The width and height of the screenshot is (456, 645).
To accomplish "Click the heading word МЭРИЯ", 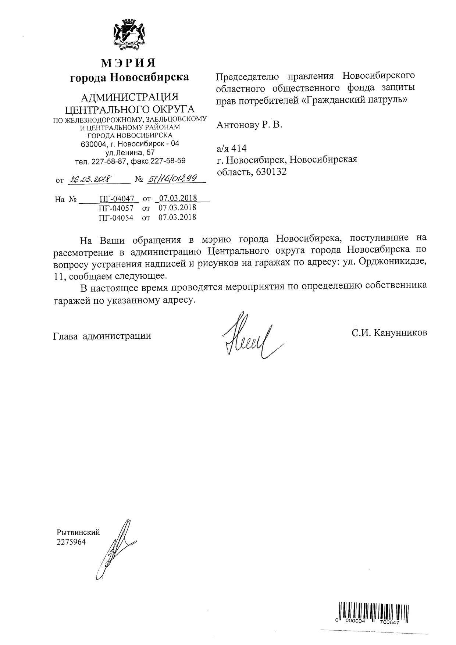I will coord(128,63).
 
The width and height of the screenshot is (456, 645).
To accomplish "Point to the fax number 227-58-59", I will coord(168,161).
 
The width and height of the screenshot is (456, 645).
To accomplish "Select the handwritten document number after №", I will coord(171,179).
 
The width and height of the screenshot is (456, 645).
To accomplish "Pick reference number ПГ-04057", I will coord(117,208).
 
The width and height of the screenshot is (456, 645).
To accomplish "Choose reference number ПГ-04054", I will coord(117,217).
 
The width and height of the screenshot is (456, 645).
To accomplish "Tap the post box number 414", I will coord(239,149).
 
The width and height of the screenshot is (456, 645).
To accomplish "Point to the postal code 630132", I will coord(270,172).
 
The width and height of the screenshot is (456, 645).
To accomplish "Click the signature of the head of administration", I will coord(249,335).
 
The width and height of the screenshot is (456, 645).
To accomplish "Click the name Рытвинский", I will coord(78,532).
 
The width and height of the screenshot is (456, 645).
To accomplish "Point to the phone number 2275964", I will coord(71,542).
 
